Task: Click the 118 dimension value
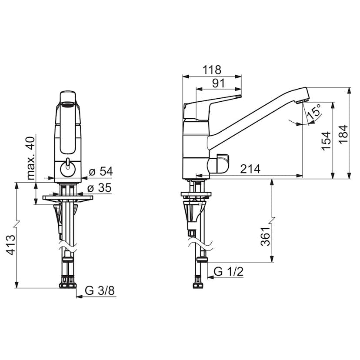pos(212,70)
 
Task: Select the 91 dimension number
pos(218,83)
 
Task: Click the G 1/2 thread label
pos(229,272)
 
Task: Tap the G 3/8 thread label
pos(100,290)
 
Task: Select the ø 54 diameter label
pos(100,171)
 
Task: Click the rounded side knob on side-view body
pos(220,164)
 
